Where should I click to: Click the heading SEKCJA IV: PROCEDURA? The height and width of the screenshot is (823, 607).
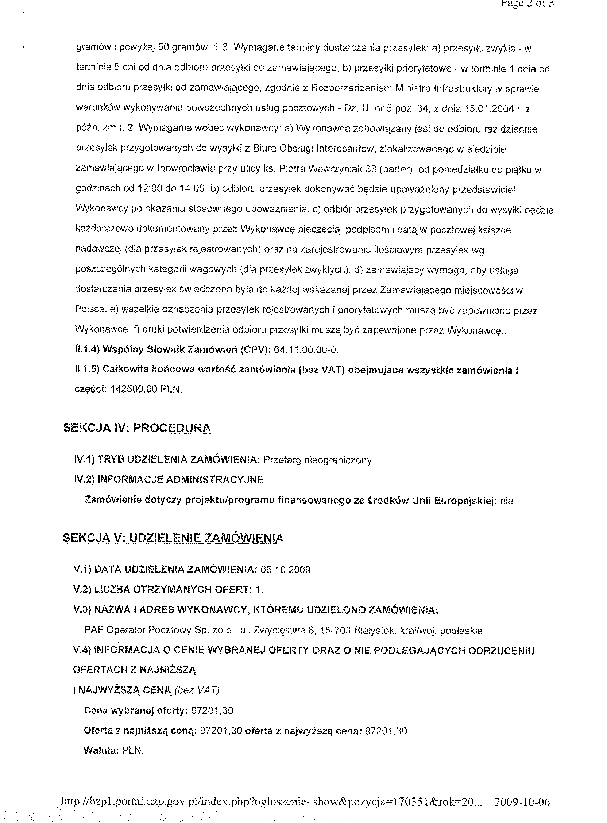tap(137, 428)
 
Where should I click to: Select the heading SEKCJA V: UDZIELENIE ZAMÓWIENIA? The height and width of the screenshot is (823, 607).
tap(173, 538)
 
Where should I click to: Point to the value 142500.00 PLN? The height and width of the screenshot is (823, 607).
tap(146, 390)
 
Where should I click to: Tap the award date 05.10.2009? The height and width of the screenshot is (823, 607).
tap(286, 570)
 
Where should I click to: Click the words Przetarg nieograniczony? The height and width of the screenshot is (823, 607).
tap(317, 460)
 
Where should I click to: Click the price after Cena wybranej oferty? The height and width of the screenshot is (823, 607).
tap(212, 710)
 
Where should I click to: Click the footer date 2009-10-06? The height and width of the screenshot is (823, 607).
tap(522, 802)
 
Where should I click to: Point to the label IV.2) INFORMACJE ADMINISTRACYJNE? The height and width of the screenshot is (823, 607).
tap(169, 480)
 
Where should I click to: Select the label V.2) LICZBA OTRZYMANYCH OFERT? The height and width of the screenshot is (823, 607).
tap(161, 590)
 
